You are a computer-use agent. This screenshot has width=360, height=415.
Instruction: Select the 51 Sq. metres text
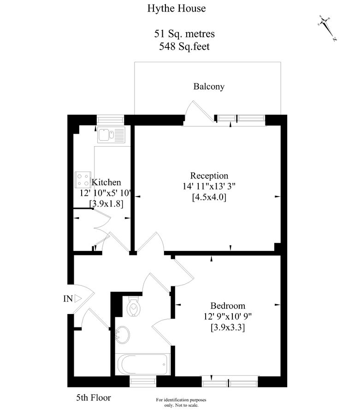184,34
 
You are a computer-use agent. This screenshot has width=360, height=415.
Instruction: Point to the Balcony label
209,86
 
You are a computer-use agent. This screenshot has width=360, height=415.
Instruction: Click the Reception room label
209,176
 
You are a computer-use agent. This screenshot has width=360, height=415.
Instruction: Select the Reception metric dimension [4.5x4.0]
209,197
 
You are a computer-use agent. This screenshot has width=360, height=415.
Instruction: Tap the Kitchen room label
106,182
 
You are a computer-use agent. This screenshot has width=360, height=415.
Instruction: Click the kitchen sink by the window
111,135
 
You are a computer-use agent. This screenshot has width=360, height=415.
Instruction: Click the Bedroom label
228,306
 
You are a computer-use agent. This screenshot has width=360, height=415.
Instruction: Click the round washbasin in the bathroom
123,334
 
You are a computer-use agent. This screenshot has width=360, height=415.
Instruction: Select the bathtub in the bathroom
143,365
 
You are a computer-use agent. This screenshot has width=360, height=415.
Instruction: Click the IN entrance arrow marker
77,299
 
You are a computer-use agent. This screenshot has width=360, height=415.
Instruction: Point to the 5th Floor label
93,397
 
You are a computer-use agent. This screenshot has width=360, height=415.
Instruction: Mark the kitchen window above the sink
111,119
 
